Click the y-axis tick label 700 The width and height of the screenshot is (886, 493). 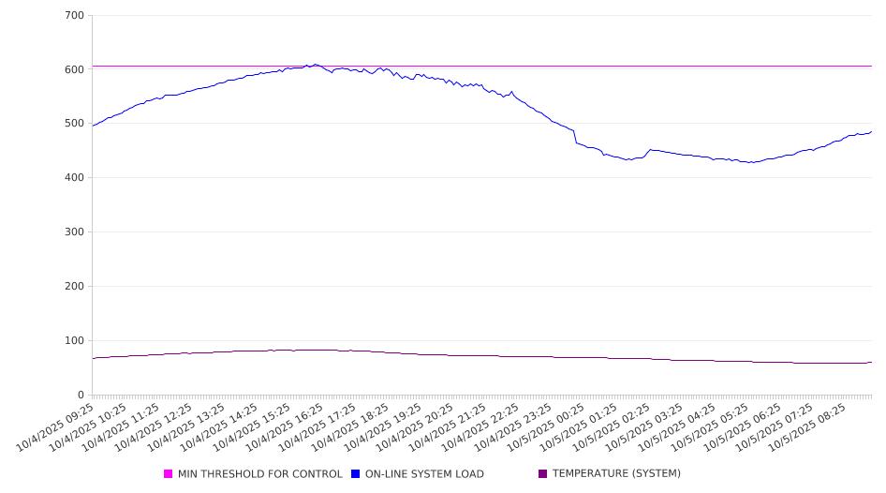75,16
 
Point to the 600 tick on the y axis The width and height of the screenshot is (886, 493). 75,69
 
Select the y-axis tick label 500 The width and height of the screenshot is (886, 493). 75,124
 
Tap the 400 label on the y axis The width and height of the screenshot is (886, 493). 75,178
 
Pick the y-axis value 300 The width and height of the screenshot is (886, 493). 75,232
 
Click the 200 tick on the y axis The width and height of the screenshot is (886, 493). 75,287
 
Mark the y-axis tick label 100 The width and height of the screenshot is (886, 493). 75,341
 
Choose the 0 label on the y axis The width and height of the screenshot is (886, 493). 81,396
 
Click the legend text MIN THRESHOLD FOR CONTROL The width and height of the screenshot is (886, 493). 259,474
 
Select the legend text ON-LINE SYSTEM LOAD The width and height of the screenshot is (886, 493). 424,474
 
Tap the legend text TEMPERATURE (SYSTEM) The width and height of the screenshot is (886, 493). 616,474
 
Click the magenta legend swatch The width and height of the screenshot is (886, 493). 169,474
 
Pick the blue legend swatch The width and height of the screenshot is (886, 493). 356,474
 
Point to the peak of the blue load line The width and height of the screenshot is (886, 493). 315,65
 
